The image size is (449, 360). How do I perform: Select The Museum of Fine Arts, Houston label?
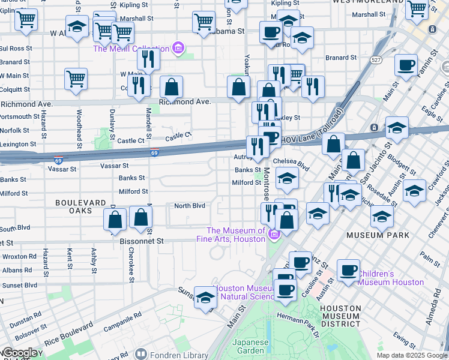tap(236, 235)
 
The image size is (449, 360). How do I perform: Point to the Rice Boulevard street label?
tap(70, 334)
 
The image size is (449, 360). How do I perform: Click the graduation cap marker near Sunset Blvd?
tap(205, 298)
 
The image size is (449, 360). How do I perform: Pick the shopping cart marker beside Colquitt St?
tap(76, 79)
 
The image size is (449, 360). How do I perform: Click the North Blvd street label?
tap(190, 206)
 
